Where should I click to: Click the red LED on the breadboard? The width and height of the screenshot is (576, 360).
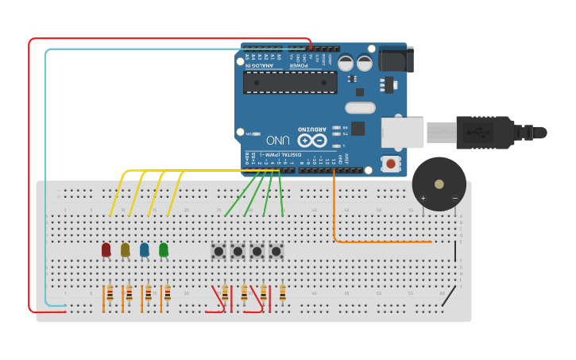[106, 250]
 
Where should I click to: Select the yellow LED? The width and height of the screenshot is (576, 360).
[125, 250]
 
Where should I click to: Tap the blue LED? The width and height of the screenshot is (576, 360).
[144, 250]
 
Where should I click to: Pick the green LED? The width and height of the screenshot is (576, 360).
[164, 250]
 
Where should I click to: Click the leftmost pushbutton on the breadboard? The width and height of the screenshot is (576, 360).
[218, 251]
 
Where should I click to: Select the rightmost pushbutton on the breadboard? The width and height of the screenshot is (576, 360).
[276, 251]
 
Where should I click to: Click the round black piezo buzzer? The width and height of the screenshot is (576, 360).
[439, 184]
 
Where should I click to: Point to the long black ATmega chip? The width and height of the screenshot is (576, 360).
[290, 82]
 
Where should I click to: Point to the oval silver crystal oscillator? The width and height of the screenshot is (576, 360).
[360, 107]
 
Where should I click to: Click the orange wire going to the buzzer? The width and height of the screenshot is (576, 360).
[381, 241]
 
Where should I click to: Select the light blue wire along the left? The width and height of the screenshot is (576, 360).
[45, 175]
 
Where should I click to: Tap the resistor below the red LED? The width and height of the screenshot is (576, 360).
[110, 294]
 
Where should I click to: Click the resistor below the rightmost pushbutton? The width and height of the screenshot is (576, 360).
[282, 294]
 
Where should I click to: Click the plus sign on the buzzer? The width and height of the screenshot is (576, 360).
[423, 198]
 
